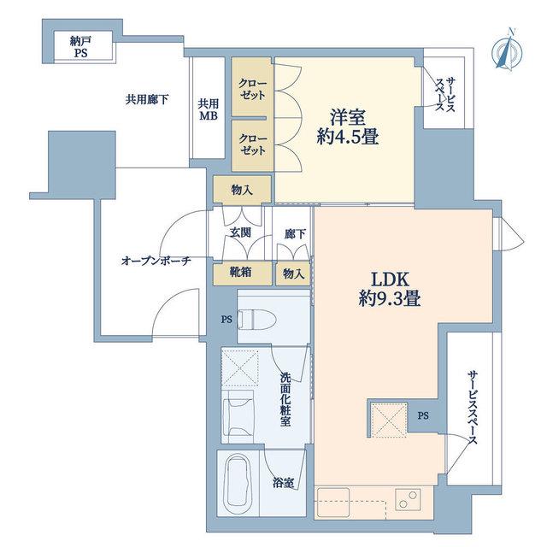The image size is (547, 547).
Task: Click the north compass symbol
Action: point(507,50)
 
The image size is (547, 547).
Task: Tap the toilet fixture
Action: point(256,319)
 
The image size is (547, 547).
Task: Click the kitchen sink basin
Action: point(332,500)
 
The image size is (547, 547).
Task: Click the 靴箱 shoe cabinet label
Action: point(241,273)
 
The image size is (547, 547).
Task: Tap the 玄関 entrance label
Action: point(241,232)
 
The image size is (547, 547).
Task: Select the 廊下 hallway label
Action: point(295,234)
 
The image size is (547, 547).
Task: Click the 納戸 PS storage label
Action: point(80,47)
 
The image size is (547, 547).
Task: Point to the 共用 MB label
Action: point(209,109)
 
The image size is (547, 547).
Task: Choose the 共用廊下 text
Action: point(147,100)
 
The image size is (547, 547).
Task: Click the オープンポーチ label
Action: point(156,261)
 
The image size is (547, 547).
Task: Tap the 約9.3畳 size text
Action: point(390,298)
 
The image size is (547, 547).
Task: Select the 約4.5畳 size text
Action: point(348,137)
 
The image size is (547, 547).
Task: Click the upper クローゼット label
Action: point(253,89)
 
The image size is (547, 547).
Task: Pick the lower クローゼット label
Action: point(253,144)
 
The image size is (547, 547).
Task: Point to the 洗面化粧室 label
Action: point(285,399)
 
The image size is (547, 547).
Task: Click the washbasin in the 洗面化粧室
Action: point(238,417)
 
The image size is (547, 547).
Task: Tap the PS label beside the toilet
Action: point(226,319)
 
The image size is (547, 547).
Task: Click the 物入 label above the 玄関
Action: point(242,190)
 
